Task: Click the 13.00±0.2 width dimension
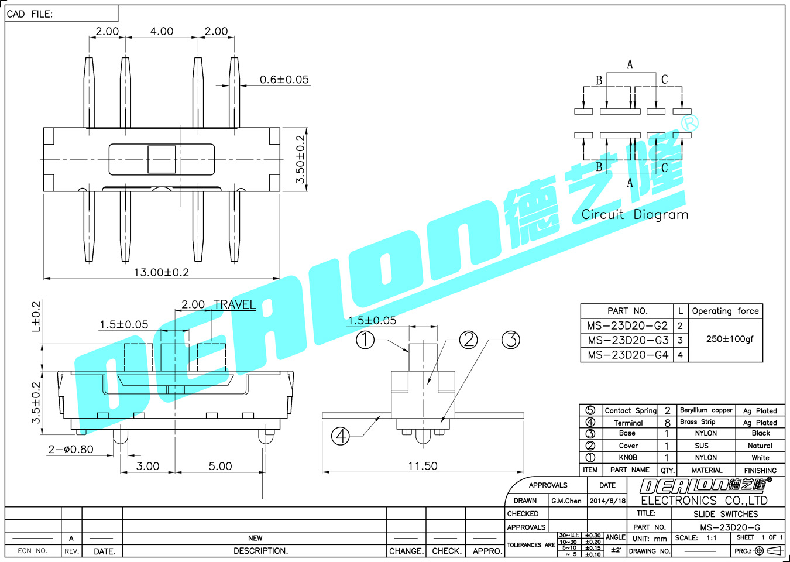pos(162,272)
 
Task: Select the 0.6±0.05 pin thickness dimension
pos(284,80)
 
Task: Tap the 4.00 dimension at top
pos(162,32)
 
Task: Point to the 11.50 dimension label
pos(423,466)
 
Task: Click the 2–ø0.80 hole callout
pos(71,450)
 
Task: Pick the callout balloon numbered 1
pos(365,340)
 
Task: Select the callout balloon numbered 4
pos(341,436)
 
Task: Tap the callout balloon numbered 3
pos(511,340)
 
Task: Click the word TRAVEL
pos(235,305)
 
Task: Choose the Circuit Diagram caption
pos(635,215)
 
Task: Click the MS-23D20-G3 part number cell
pos(628,340)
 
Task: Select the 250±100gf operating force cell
pos(730,339)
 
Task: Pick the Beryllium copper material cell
pos(706,410)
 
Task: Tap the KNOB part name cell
pos(628,458)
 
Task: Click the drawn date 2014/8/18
pos(607,501)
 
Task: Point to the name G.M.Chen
pos(566,501)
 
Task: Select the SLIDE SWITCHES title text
pos(726,514)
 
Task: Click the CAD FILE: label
pos(30,14)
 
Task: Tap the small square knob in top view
pos(162,159)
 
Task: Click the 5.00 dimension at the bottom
pos(220,466)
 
